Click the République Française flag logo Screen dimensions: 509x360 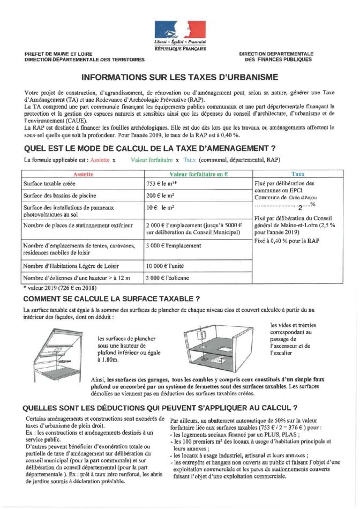click(180, 29)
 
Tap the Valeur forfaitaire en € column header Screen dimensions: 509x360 click(198, 175)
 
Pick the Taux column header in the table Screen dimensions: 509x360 click(298, 175)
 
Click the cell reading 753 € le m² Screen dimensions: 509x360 click(159, 184)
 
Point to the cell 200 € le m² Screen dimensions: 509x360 click(159, 196)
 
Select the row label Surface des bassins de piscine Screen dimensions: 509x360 click(57, 196)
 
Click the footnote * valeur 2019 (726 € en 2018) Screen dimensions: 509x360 click(58, 288)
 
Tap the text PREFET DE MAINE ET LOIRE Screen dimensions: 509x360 click(58, 54)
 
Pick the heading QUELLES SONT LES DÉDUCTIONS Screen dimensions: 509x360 click(161, 407)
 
